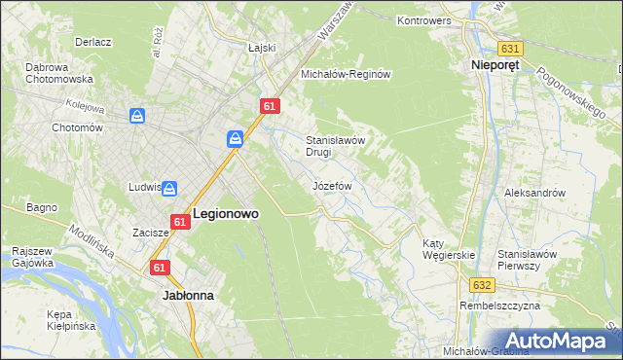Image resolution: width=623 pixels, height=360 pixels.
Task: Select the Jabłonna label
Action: (x=189, y=293)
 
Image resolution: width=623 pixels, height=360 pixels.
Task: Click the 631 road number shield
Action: (x=511, y=48)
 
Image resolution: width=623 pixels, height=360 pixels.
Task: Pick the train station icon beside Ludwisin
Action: (x=169, y=188)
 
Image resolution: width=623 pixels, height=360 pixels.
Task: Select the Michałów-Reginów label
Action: (x=346, y=74)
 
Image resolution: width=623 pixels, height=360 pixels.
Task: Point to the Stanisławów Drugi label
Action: (x=335, y=146)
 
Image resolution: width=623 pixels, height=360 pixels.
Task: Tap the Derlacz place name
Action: (x=93, y=43)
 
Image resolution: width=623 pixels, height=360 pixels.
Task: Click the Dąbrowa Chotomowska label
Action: (x=58, y=73)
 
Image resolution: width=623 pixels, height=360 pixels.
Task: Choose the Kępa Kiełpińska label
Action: (x=71, y=320)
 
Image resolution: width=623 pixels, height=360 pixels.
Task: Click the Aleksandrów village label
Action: (x=534, y=193)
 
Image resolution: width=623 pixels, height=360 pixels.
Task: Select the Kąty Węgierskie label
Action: (x=448, y=249)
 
